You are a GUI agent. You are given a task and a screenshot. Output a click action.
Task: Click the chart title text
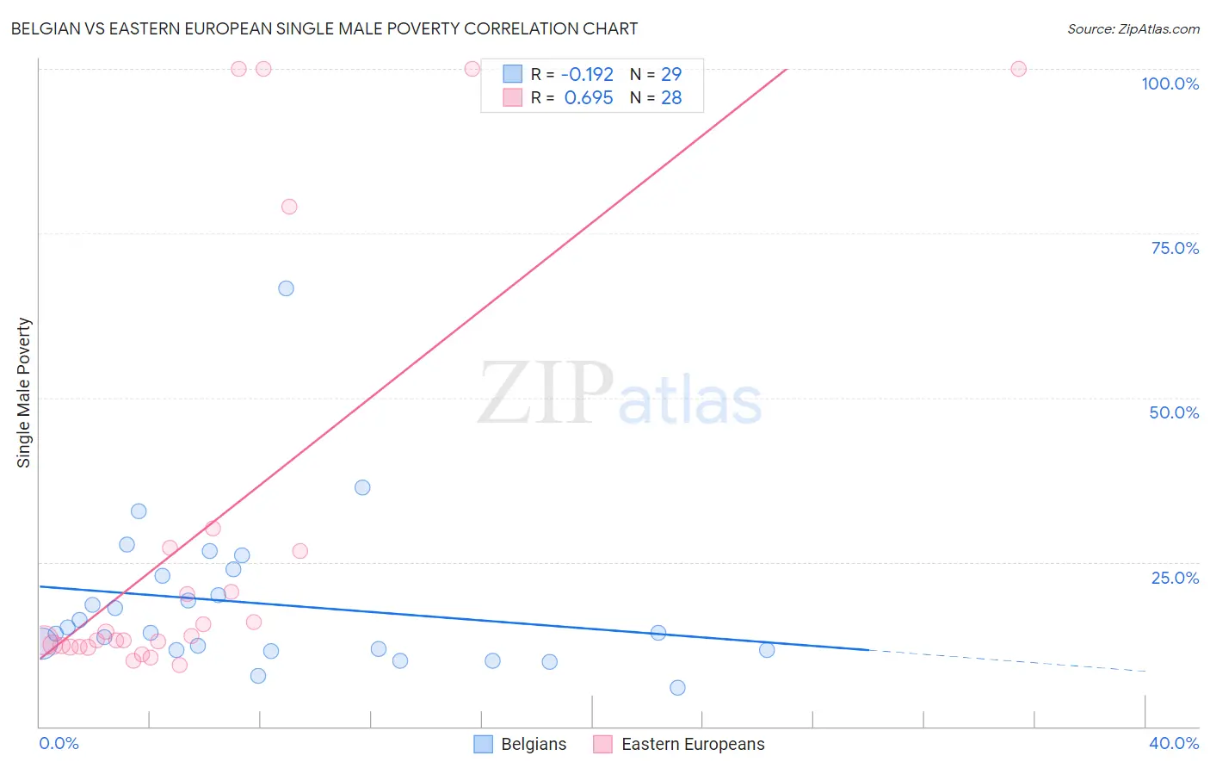click(324, 28)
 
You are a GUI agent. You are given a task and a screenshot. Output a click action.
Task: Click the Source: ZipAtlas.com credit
click(1133, 28)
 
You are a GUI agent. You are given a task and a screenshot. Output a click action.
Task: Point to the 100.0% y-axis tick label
click(1170, 84)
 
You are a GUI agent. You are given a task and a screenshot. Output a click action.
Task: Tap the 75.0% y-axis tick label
click(1174, 248)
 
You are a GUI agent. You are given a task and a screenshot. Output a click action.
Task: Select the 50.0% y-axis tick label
click(1173, 412)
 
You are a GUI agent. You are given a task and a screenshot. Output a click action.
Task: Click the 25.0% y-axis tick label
click(1174, 578)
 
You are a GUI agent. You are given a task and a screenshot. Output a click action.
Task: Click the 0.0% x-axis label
click(59, 743)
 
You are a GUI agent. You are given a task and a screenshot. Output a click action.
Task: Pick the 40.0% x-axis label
click(1173, 743)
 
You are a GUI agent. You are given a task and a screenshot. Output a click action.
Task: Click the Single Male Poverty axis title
click(24, 393)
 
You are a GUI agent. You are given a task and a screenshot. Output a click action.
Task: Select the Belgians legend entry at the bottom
click(520, 744)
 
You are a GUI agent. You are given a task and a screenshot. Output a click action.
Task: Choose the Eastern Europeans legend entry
click(679, 744)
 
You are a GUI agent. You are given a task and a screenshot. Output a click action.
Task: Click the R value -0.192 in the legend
click(587, 75)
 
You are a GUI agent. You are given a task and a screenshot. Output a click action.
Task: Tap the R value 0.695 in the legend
click(589, 98)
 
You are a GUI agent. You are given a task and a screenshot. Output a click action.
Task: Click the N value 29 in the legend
click(671, 75)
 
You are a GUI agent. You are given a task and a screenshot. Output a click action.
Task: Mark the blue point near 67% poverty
click(286, 288)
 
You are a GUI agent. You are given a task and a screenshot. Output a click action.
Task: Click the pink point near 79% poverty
click(289, 207)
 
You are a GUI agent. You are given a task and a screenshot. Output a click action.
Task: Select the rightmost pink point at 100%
click(1018, 69)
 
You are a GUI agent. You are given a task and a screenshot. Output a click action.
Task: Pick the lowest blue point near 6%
click(677, 687)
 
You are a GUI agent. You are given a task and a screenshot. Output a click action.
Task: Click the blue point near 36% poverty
click(362, 487)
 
